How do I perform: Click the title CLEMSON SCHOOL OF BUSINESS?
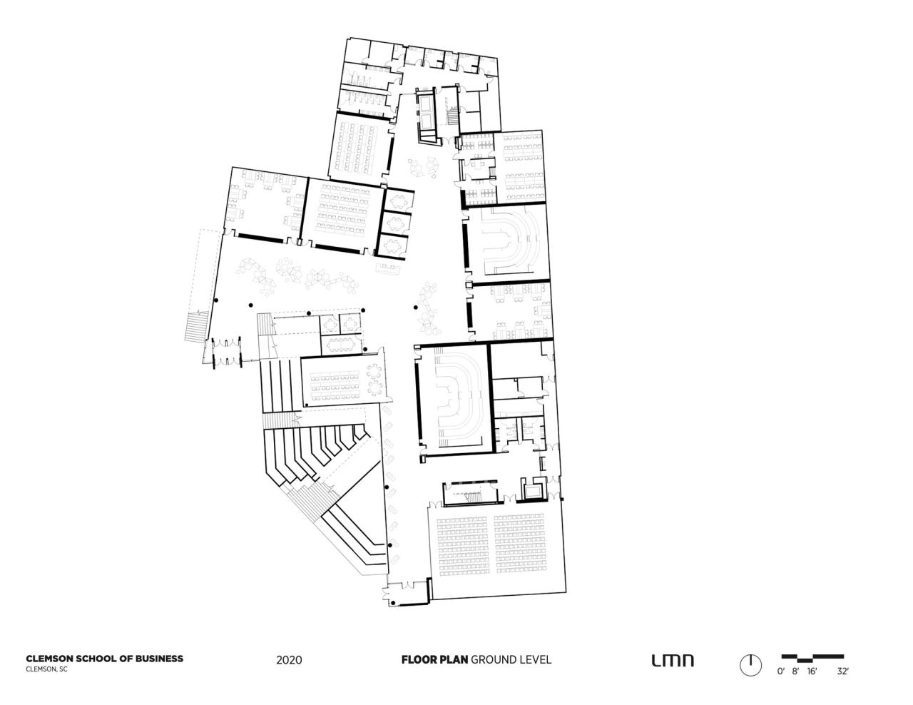104,659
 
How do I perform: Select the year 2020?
289,660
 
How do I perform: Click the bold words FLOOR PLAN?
434,659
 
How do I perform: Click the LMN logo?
672,661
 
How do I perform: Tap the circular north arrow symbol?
750,665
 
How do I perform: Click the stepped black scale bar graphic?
812,656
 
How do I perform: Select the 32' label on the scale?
842,671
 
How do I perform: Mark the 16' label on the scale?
812,671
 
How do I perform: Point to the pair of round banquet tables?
374,380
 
